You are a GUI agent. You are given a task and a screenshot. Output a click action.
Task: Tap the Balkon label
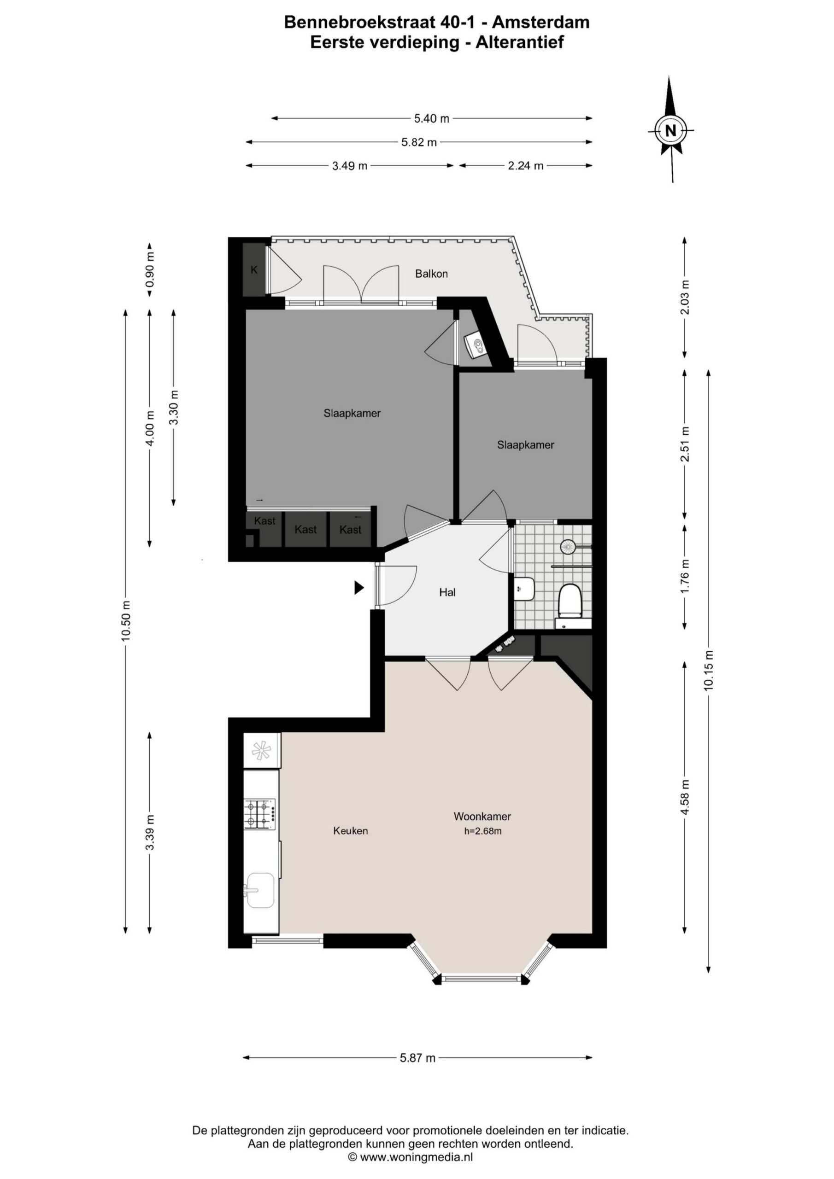pyautogui.click(x=431, y=274)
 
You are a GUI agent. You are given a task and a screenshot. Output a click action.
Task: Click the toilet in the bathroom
pyautogui.click(x=570, y=600)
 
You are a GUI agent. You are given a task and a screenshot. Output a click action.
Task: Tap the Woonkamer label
pyautogui.click(x=482, y=816)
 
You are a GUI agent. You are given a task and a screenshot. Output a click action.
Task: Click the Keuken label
pyautogui.click(x=351, y=830)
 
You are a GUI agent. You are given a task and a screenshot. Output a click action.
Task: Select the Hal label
pyautogui.click(x=447, y=592)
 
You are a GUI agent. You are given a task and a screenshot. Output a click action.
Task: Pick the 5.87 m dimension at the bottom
pyautogui.click(x=417, y=1057)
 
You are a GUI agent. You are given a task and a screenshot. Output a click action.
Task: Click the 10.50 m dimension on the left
pyautogui.click(x=126, y=621)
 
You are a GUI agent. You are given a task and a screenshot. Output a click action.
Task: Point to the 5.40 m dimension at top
pyautogui.click(x=432, y=119)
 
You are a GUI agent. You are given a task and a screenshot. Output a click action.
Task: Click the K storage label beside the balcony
pyautogui.click(x=254, y=269)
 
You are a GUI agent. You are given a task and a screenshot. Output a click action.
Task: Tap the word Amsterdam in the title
pyautogui.click(x=545, y=22)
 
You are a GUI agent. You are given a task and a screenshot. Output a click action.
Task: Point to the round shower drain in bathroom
pyautogui.click(x=568, y=546)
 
